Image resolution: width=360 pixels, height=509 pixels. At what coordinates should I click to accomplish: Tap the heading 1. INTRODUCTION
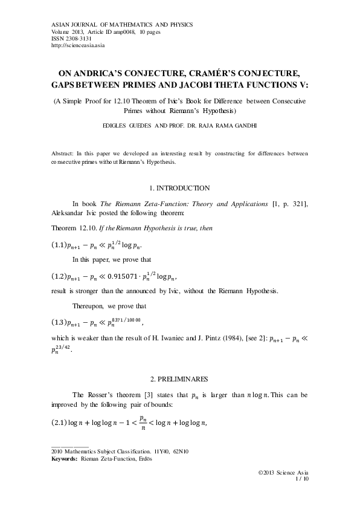tap(179, 189)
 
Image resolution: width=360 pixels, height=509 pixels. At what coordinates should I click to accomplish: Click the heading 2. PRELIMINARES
tap(179, 379)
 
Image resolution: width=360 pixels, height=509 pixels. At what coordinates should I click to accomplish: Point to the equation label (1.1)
tap(59, 245)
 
